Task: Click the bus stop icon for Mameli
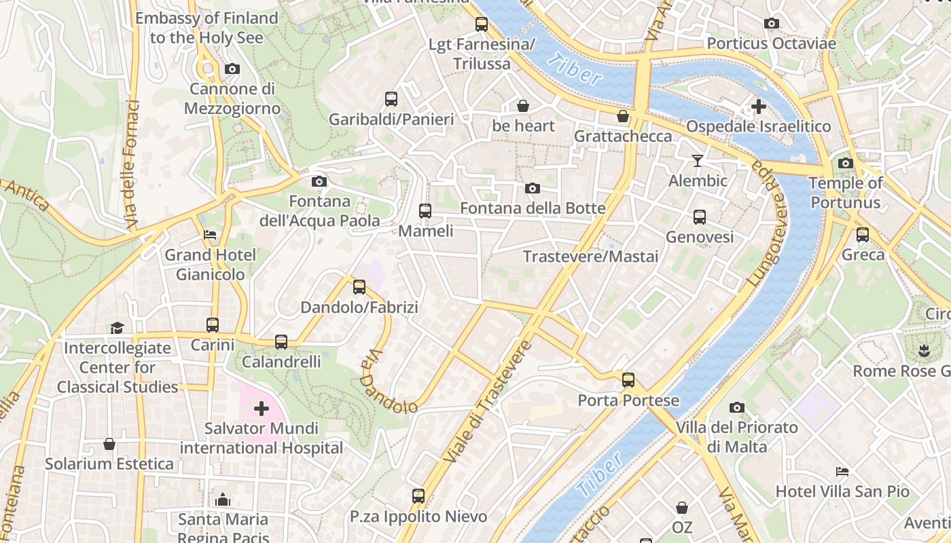425,211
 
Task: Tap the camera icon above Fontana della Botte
533,188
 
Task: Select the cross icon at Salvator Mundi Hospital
262,409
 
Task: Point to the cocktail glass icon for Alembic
698,161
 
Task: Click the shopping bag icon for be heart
523,106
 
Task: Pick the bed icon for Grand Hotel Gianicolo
211,235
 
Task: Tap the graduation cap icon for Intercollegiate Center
118,328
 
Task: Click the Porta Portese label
628,400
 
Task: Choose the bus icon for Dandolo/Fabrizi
359,287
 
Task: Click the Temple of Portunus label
846,193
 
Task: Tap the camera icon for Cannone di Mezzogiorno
232,69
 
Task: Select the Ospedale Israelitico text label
758,127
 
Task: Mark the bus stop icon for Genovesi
700,217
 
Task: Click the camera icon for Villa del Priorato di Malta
737,407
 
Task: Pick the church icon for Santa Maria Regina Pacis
223,500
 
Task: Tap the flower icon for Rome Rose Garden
923,351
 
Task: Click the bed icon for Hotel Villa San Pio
842,471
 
